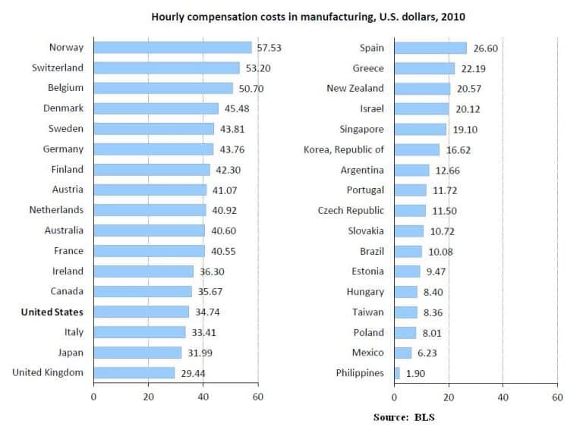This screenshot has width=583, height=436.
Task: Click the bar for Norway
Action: (x=172, y=48)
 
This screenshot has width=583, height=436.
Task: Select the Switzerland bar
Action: (x=166, y=68)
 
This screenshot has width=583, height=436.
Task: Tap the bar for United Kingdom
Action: (x=134, y=372)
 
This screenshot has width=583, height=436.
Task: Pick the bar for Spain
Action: (x=430, y=48)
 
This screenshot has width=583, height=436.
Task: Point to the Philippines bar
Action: (x=397, y=372)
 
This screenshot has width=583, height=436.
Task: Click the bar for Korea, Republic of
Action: (x=417, y=149)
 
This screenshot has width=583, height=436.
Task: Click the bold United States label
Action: (x=52, y=312)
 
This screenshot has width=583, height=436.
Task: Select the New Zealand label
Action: (x=355, y=89)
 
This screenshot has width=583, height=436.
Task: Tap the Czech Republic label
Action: (x=351, y=210)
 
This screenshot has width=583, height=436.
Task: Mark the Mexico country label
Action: (x=368, y=352)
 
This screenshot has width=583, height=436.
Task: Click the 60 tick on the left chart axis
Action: (x=258, y=397)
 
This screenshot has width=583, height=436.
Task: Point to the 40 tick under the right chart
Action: (x=503, y=397)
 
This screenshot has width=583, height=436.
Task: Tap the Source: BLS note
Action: (x=404, y=417)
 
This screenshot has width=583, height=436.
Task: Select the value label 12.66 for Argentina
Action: (x=448, y=170)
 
